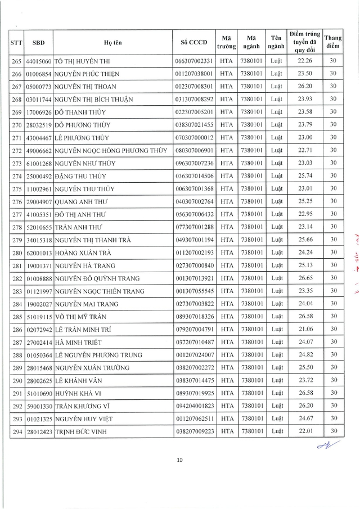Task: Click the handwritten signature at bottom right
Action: [x=325, y=446]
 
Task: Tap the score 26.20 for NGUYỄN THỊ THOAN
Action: [x=303, y=85]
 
